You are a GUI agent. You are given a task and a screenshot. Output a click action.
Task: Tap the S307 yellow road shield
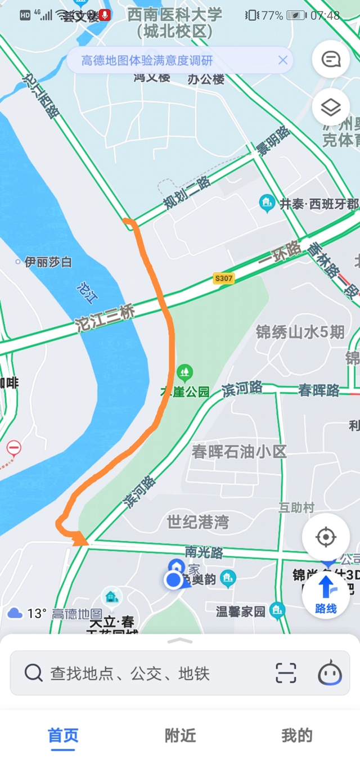[x=223, y=278]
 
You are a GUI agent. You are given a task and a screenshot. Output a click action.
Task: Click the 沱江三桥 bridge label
[x=105, y=318]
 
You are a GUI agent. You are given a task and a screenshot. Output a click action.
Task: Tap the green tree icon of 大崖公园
[x=184, y=371]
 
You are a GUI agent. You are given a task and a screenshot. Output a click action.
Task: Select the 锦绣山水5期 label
[x=300, y=332]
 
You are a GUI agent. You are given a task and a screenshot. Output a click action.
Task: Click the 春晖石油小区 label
[x=239, y=451]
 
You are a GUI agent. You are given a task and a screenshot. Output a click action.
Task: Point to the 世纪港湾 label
[x=197, y=522]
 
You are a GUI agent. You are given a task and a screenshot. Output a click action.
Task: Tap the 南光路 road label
[x=204, y=552]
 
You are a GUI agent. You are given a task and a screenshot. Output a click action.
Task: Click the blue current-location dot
[x=173, y=580]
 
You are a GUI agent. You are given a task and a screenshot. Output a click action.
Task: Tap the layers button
[x=331, y=107]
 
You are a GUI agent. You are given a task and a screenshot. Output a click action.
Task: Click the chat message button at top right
[x=331, y=59]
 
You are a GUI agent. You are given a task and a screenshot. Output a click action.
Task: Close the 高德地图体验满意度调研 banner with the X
[x=283, y=60]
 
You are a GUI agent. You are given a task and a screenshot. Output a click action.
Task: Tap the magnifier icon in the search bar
[x=34, y=672]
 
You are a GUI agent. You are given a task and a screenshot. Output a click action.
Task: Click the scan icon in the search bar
[x=286, y=673]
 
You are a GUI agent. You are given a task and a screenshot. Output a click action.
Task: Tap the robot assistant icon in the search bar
[x=330, y=672]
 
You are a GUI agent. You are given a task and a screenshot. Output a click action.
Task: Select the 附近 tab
[x=180, y=735]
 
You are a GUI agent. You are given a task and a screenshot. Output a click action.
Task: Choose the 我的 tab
[x=296, y=735]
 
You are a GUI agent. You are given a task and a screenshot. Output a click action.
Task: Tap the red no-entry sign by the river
[x=14, y=448]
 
